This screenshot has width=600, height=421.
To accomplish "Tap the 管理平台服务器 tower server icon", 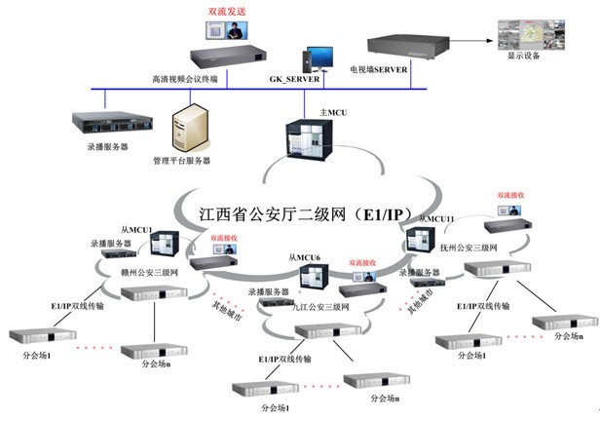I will coord(185,131).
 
